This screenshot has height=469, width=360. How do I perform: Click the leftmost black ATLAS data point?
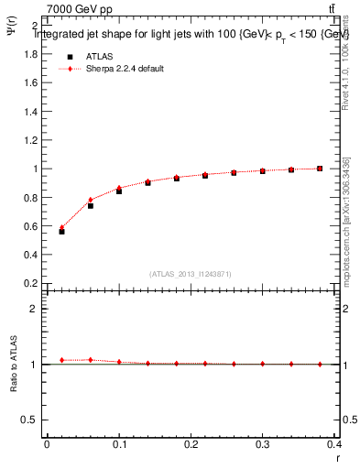[61, 232]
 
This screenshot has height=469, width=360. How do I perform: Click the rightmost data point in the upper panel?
[320, 169]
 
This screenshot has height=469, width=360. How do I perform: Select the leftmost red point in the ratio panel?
[61, 360]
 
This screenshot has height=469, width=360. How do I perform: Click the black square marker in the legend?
[70, 55]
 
